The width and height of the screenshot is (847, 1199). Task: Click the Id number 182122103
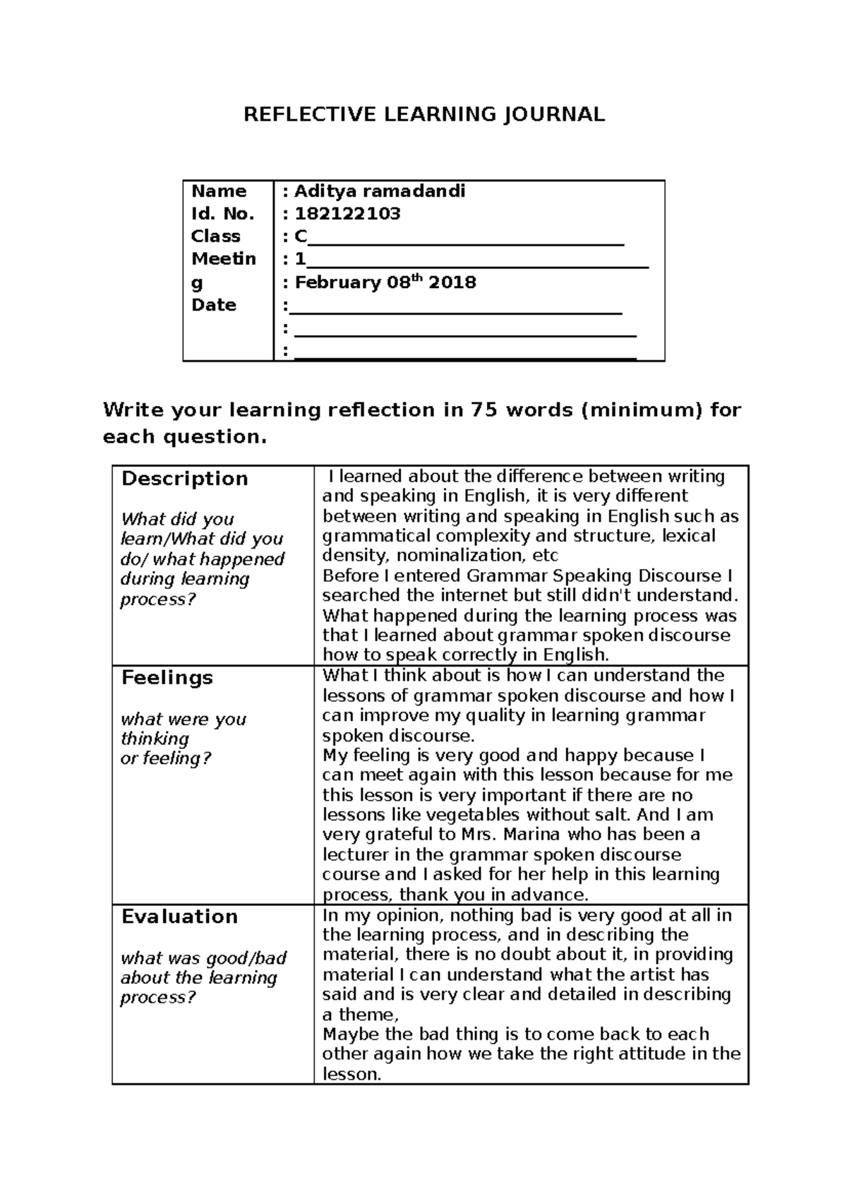tap(347, 214)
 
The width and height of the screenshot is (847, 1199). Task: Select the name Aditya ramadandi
tap(380, 191)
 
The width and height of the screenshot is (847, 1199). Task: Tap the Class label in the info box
tap(215, 237)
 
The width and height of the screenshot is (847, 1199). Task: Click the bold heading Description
tap(184, 479)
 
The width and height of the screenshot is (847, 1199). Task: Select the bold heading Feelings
tap(167, 678)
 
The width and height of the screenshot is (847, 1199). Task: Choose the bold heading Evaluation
tap(179, 917)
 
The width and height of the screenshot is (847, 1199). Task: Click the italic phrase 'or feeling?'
tap(166, 759)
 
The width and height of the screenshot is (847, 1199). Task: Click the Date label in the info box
tap(214, 305)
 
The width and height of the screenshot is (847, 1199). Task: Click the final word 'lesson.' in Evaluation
tap(352, 1075)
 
